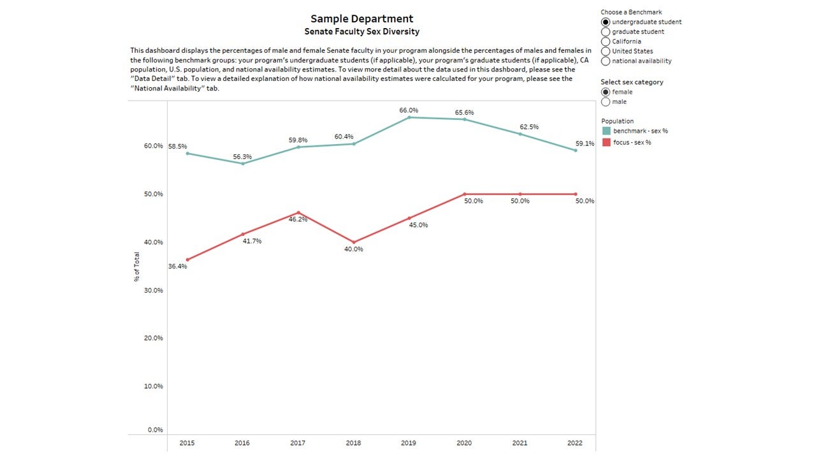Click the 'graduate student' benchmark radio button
click(x=606, y=32)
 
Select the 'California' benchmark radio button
click(x=606, y=41)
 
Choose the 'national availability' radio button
click(x=606, y=61)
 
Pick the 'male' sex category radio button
click(x=606, y=102)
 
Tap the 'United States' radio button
click(x=606, y=52)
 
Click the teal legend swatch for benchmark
click(x=606, y=131)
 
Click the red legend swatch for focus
click(x=606, y=142)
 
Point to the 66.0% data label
click(x=409, y=110)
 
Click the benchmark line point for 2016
click(x=243, y=164)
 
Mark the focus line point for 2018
click(x=354, y=242)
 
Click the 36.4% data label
click(x=177, y=266)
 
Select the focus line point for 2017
click(x=298, y=212)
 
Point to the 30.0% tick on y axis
click(x=154, y=290)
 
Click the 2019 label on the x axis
click(x=409, y=443)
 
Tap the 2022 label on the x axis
click(x=575, y=443)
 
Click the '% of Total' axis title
click(x=137, y=266)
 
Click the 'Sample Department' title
click(x=361, y=18)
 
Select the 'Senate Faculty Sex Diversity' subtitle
click(x=361, y=32)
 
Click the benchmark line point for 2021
click(x=520, y=134)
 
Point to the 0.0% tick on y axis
click(x=155, y=430)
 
